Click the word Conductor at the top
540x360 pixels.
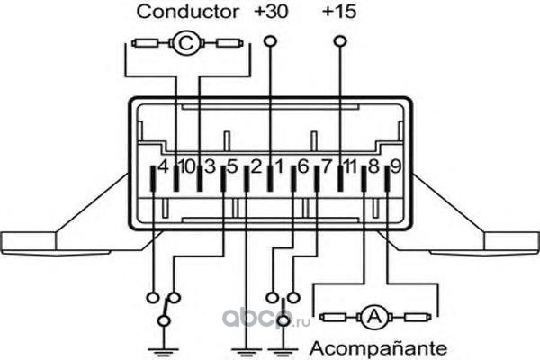pyautogui.click(x=187, y=12)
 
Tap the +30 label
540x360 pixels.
pyautogui.click(x=271, y=11)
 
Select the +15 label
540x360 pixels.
pyautogui.click(x=339, y=11)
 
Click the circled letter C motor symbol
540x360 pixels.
pyautogui.click(x=185, y=43)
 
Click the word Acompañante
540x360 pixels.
pyautogui.click(x=379, y=348)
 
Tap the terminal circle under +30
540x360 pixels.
pyautogui.click(x=270, y=41)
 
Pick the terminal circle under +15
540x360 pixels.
pyautogui.click(x=340, y=41)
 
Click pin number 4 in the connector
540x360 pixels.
pyautogui.click(x=163, y=167)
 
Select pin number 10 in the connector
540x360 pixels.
pyautogui.click(x=187, y=167)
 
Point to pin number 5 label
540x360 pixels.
pyautogui.click(x=233, y=167)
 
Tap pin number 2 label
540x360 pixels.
pyautogui.click(x=256, y=167)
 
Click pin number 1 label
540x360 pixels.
pyautogui.click(x=280, y=167)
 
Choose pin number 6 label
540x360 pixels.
pyautogui.click(x=303, y=167)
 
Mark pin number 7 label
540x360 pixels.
pyautogui.click(x=327, y=167)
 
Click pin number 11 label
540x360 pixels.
pyautogui.click(x=350, y=167)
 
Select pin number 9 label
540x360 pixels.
pyautogui.click(x=396, y=167)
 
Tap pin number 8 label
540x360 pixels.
pyautogui.click(x=373, y=167)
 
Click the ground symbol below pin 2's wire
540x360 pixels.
pyautogui.click(x=247, y=353)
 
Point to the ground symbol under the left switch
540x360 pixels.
pyautogui.click(x=164, y=353)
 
